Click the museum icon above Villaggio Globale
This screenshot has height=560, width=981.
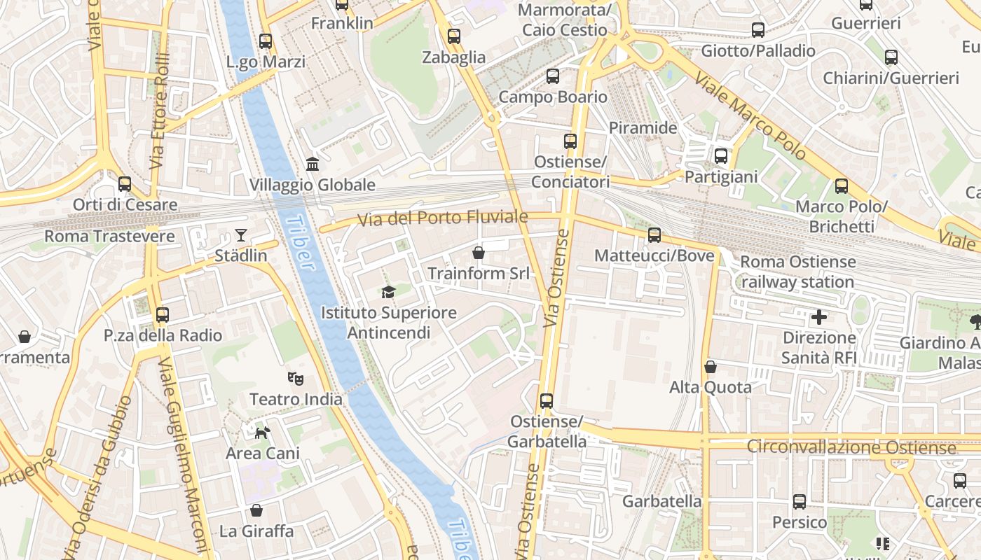(x=313, y=164)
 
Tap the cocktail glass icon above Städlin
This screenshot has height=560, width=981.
(x=241, y=235)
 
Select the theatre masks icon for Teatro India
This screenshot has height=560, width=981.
(x=296, y=379)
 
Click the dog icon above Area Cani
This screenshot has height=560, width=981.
(x=262, y=433)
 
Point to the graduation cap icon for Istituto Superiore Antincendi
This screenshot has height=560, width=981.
(x=388, y=292)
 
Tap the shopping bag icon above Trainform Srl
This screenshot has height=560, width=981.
(x=479, y=253)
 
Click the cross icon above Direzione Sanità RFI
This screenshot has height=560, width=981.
(x=818, y=318)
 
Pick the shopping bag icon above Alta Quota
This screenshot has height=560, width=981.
(x=711, y=367)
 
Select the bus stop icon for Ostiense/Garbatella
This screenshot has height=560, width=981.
(x=547, y=401)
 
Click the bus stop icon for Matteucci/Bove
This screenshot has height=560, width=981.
(x=654, y=235)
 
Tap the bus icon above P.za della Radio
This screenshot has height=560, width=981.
(x=163, y=315)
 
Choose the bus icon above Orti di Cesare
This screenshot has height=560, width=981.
(x=125, y=184)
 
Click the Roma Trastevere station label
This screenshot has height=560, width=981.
(x=109, y=236)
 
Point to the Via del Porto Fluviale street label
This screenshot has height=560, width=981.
(x=442, y=218)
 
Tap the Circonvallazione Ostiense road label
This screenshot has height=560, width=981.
(x=851, y=447)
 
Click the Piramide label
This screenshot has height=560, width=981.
(x=643, y=128)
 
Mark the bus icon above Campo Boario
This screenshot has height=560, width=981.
(x=553, y=76)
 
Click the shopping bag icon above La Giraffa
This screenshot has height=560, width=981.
(x=256, y=510)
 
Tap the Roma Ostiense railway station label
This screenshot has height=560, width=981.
(x=797, y=272)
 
